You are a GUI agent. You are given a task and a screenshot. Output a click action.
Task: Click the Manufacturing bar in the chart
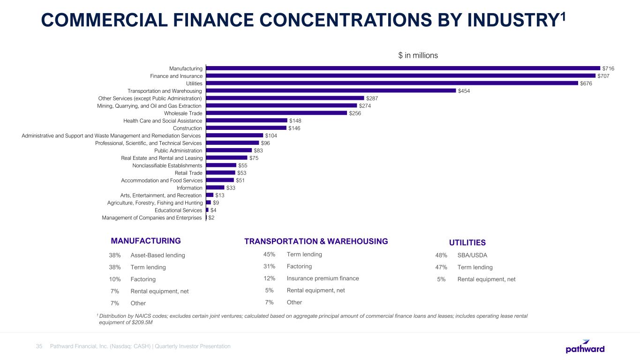coord(403,68)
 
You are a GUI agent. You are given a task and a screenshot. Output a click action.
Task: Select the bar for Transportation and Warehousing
coord(331,90)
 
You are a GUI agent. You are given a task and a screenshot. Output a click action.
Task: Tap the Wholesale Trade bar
coord(276,113)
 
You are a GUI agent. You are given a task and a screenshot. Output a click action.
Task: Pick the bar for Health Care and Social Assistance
coord(246,120)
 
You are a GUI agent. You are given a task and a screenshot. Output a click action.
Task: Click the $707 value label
coord(603,76)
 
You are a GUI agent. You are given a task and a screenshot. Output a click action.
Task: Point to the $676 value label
coord(586,83)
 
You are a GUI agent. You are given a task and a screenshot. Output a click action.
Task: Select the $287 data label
coord(372,98)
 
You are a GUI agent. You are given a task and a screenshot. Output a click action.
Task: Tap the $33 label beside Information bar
coord(231,188)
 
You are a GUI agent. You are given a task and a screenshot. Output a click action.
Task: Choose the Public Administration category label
coord(178,150)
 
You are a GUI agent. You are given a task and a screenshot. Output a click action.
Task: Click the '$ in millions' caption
coord(418,55)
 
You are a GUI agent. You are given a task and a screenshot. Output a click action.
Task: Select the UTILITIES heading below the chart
coord(467,242)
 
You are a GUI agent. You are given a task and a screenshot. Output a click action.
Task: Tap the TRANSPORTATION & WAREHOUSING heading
coord(316,241)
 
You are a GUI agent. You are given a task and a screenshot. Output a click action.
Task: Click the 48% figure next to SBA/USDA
coord(441,255)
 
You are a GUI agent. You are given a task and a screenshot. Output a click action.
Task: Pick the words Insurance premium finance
coord(323,278)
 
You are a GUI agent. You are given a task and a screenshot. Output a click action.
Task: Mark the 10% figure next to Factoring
coord(115,279)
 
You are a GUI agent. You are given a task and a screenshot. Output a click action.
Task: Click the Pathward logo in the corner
coord(585,346)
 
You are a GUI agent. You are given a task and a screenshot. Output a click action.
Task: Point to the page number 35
coord(39,346)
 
